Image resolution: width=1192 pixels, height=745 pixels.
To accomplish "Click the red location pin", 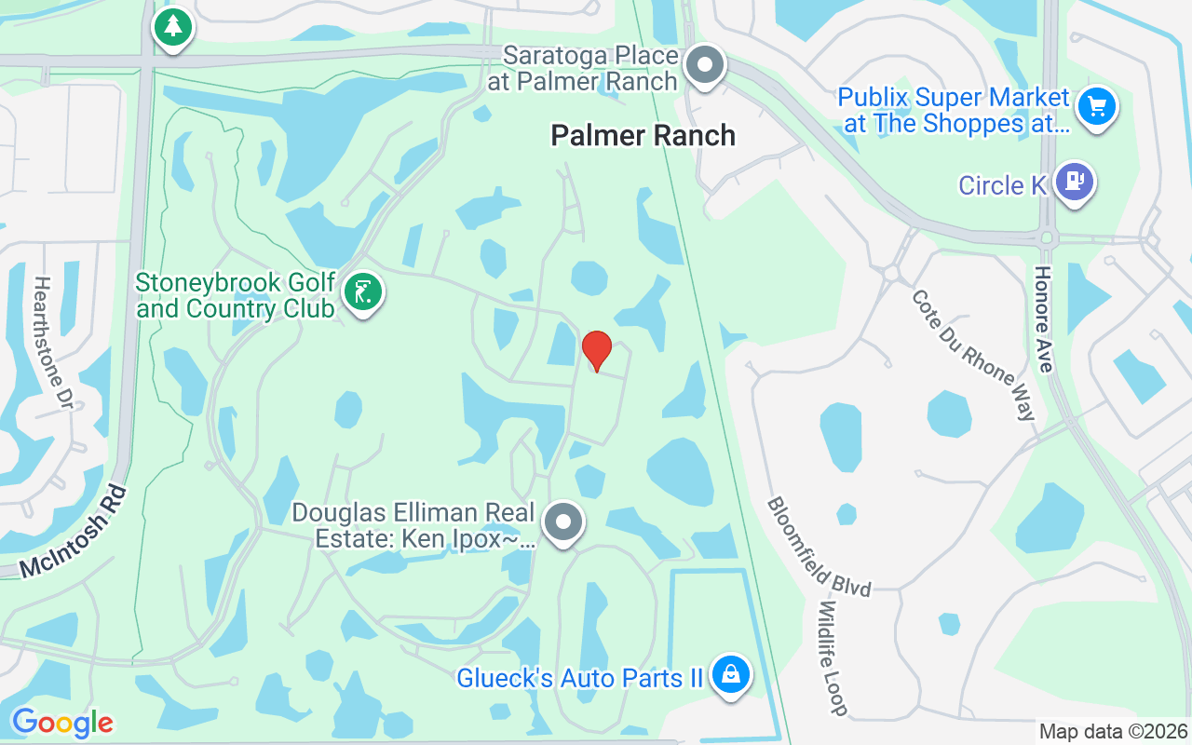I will tap(597, 349).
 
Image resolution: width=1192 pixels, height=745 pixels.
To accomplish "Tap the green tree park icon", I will tap(172, 26).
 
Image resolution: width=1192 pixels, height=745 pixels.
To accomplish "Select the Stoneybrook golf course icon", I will tap(362, 292).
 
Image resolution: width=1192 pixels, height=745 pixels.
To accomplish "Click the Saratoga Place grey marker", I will tap(705, 66).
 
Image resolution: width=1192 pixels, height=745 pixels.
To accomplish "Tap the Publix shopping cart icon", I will tap(1096, 106).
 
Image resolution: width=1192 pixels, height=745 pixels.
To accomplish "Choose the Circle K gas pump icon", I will tap(1076, 182).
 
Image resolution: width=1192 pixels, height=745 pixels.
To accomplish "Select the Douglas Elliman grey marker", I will tap(562, 522).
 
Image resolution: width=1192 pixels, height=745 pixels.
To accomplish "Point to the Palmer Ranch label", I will tap(643, 136).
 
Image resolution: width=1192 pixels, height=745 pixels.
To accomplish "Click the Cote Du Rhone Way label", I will tap(974, 355).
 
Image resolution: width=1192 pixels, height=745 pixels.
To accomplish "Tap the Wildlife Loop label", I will tap(833, 657).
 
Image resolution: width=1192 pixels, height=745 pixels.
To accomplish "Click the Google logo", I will tap(62, 723).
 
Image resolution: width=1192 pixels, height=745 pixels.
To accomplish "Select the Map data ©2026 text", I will tap(1113, 732).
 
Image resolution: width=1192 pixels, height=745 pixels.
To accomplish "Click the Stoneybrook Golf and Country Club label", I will tap(235, 295).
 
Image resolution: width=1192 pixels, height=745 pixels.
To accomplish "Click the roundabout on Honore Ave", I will tap(1047, 237).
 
